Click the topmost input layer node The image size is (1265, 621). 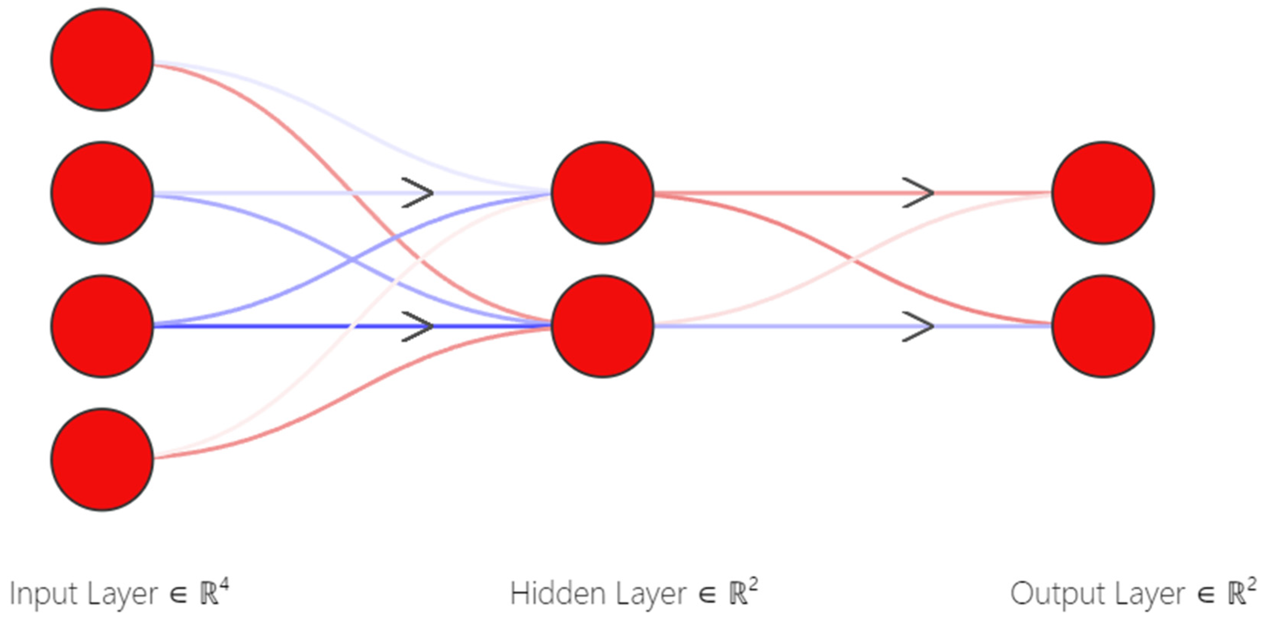click(x=102, y=60)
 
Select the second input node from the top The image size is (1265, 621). click(x=102, y=193)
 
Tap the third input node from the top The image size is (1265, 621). click(x=102, y=326)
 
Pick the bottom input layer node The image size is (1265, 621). click(x=102, y=459)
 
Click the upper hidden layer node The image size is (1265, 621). click(x=603, y=193)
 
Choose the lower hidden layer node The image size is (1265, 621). click(x=603, y=326)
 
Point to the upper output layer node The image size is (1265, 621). click(x=1103, y=193)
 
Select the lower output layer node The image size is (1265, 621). click(x=1103, y=326)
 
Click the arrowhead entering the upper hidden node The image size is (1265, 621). click(x=419, y=193)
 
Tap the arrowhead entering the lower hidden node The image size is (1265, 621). click(x=419, y=326)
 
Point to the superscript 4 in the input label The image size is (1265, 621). click(x=224, y=585)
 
